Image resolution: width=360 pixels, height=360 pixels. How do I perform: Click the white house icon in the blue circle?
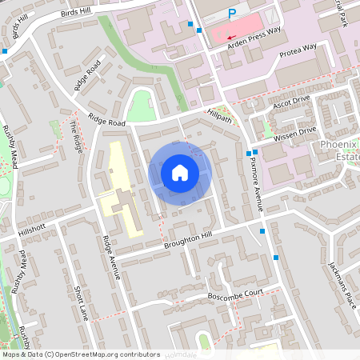(x=180, y=173)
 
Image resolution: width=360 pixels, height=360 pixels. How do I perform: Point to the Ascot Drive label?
(x=290, y=103)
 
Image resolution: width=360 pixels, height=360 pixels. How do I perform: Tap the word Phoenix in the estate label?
(x=337, y=145)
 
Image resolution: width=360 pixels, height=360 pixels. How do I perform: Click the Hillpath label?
(x=219, y=118)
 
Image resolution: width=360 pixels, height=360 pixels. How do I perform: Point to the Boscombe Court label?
(x=237, y=294)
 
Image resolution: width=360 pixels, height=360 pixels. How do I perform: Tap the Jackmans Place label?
(x=341, y=280)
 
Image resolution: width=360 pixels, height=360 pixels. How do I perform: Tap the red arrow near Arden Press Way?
(x=231, y=37)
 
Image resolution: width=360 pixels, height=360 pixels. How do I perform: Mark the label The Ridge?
(x=77, y=136)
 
